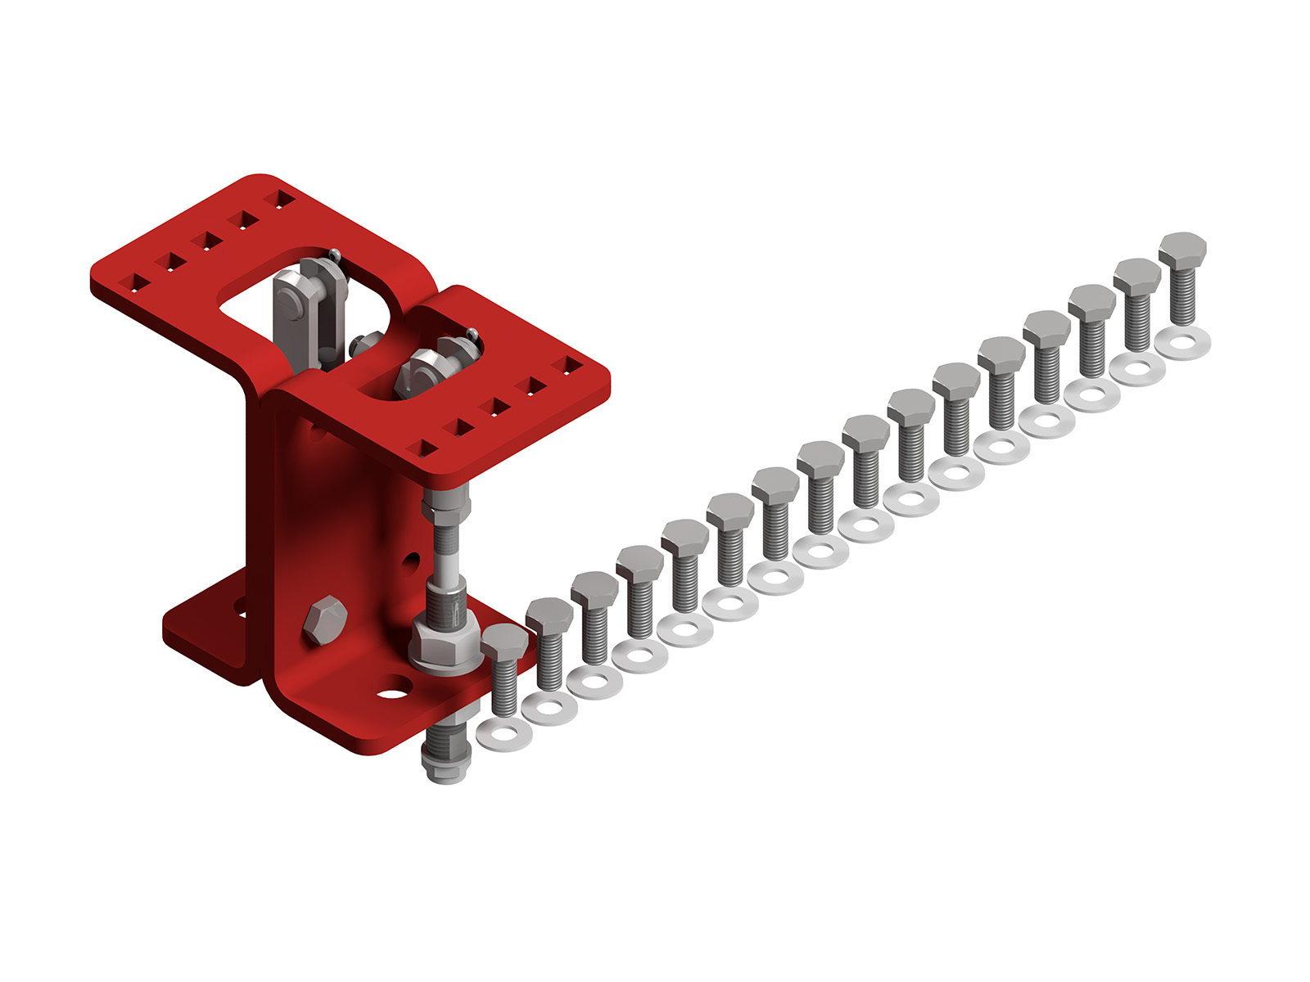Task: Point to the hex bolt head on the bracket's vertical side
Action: pyautogui.click(x=325, y=619)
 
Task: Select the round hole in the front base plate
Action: pyautogui.click(x=394, y=693)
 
